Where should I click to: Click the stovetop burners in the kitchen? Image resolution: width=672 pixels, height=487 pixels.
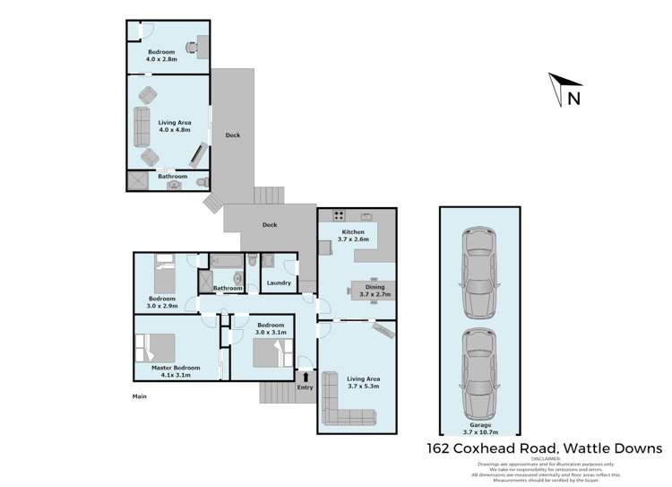[340, 215]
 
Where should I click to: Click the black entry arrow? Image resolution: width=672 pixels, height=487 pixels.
[306, 376]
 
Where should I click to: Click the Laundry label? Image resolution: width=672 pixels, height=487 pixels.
[279, 283]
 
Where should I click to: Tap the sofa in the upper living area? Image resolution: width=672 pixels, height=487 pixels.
[142, 126]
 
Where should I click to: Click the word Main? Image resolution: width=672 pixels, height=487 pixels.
[139, 396]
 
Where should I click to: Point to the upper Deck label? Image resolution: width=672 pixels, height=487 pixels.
[233, 135]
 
